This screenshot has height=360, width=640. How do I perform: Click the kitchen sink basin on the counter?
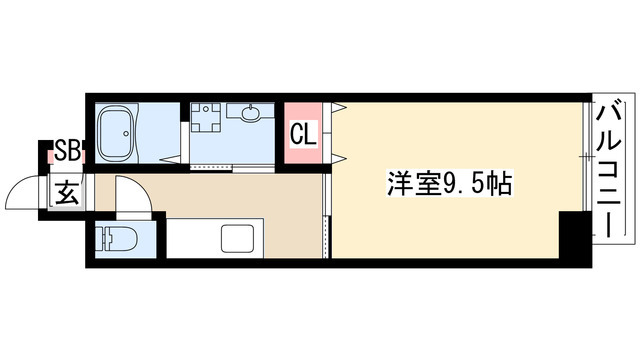(x=240, y=240)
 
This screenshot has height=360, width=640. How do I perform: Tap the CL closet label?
(x=304, y=132)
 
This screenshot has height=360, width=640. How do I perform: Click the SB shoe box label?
(x=67, y=152)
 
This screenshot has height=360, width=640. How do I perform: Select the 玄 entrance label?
(x=66, y=191)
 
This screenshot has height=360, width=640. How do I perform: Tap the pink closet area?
(x=305, y=131)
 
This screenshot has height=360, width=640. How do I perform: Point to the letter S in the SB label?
(x=61, y=152)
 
